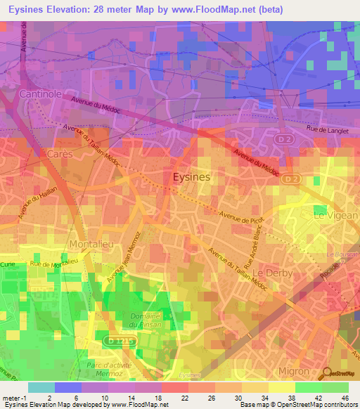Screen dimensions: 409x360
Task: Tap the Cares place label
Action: pos(60,152)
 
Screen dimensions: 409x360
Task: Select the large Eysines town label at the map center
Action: pos(191,178)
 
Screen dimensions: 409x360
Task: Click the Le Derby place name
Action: pos(271,272)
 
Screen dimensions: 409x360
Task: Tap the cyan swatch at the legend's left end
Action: pos(41,387)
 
